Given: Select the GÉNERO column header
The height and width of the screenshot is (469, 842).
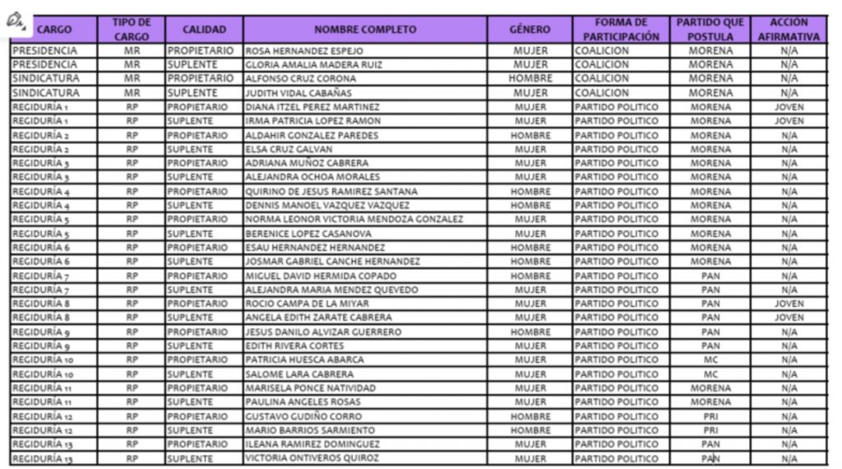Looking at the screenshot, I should pos(530,30).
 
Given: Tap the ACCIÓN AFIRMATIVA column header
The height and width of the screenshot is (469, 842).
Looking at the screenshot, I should pos(789,30).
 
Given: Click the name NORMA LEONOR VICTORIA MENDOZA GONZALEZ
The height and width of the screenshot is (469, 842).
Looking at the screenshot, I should pos(354,220).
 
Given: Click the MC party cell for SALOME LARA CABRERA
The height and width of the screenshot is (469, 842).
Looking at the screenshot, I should pos(710,374).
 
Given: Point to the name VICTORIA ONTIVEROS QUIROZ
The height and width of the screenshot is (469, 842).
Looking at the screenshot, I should pos(312,458).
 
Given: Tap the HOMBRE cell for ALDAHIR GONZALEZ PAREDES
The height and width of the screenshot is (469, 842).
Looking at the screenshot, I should pos(530,135).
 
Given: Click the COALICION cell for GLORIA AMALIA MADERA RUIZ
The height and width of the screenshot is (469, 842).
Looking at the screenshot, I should pos(602,65).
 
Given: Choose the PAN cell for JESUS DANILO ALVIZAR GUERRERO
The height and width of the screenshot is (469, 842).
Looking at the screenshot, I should pos(710,332).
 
